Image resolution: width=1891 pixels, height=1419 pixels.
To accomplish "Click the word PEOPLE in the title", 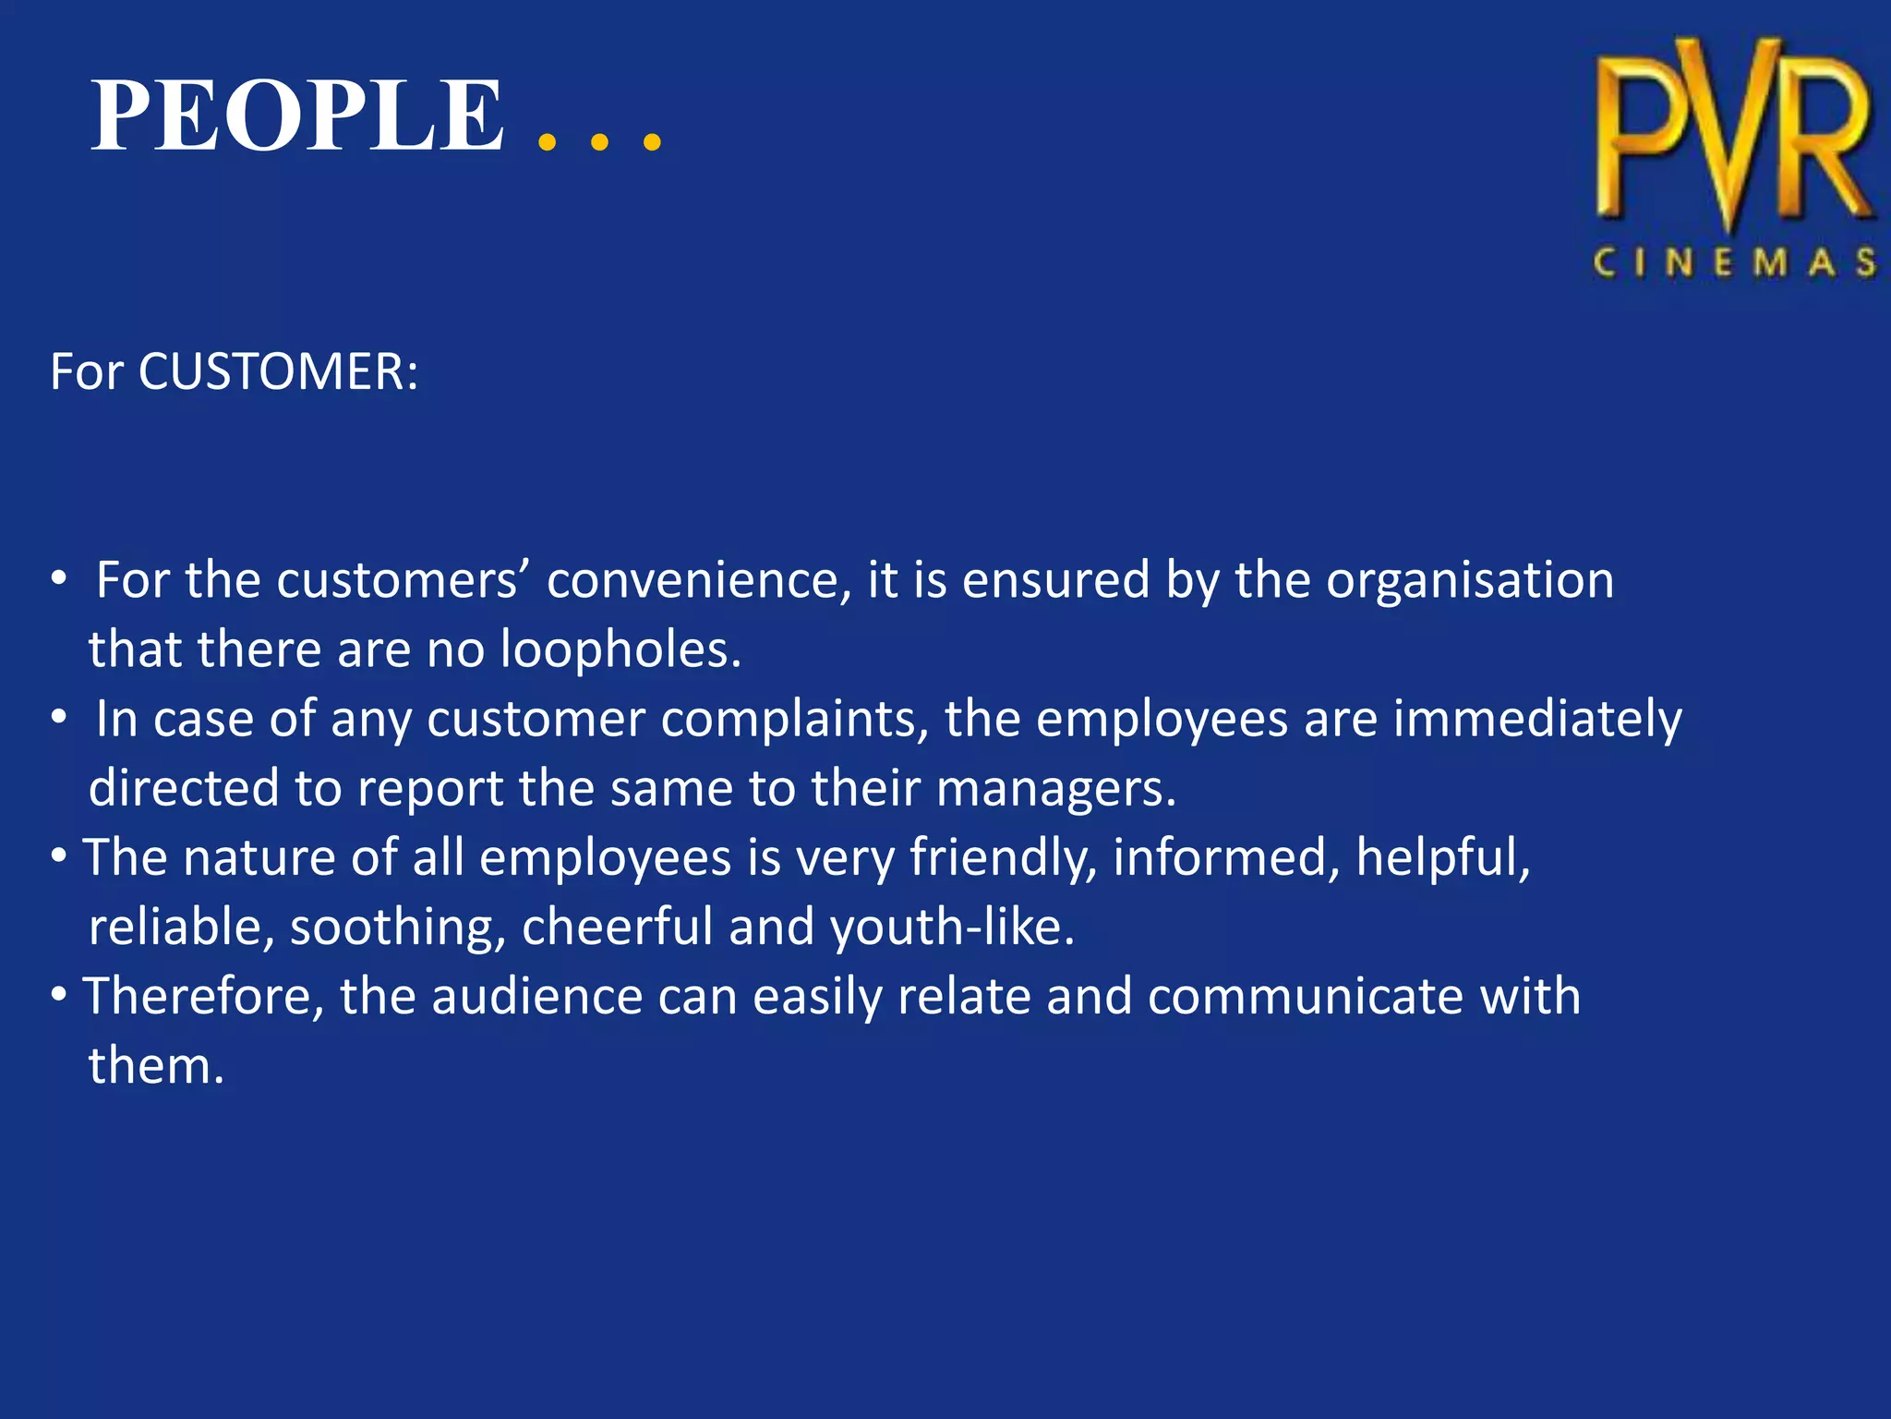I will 297,116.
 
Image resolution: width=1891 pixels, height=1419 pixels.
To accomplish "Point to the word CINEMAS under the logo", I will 1734,263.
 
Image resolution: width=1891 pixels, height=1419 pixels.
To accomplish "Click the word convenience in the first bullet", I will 699,581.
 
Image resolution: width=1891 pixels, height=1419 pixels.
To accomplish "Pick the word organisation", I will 1470,581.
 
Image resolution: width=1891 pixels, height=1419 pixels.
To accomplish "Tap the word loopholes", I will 620,649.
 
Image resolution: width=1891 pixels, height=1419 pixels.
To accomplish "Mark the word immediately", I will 1537,720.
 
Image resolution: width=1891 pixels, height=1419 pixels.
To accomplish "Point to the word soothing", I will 398,928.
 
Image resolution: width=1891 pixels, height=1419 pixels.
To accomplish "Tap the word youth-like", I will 953,928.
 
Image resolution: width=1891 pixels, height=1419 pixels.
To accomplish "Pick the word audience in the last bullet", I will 537,997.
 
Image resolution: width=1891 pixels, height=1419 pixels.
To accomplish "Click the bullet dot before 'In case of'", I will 59,718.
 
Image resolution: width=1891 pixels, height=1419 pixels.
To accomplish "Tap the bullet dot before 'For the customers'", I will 59,579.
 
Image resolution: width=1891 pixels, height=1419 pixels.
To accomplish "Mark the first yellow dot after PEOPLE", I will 547,142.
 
